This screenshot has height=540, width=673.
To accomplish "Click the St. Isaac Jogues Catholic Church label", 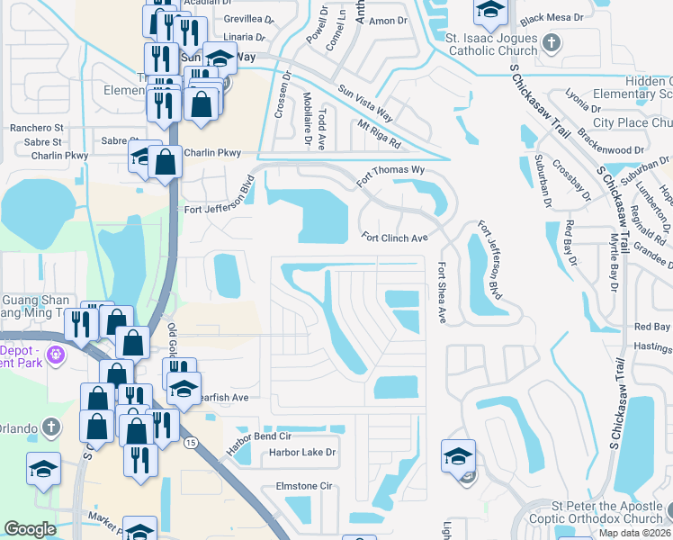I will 490,44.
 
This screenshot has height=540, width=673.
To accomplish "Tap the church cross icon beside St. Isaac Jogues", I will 552,42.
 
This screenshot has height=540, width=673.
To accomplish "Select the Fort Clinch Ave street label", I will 394,238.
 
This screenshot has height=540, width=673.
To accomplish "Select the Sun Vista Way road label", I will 365,103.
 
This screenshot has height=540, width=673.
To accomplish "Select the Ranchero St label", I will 37,128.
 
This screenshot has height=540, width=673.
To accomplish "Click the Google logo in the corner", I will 30,529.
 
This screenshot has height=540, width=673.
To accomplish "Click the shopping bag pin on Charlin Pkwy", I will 166,162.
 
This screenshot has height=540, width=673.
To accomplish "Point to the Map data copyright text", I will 634,533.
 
